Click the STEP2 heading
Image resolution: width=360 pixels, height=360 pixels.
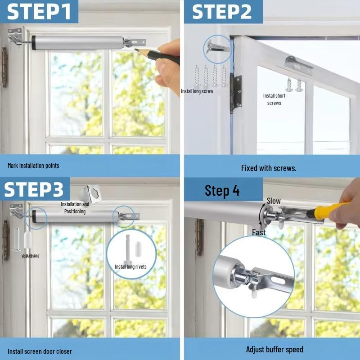pyautogui.click(x=222, y=12)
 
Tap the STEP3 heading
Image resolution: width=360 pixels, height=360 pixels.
pyautogui.click(x=34, y=189)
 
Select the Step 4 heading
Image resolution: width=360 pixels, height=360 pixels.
pyautogui.click(x=222, y=190)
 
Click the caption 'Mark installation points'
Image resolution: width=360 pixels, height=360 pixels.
pyautogui.click(x=33, y=166)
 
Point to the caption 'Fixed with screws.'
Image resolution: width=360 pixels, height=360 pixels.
pyautogui.click(x=269, y=168)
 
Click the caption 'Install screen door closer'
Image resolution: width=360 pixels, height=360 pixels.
pyautogui.click(x=40, y=351)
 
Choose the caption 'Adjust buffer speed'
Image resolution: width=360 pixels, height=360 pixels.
pyautogui.click(x=274, y=349)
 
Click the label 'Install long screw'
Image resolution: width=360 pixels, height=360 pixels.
pyautogui.click(x=197, y=91)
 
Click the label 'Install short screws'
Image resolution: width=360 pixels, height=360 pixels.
pyautogui.click(x=274, y=99)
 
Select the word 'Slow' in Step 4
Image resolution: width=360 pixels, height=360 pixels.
pyautogui.click(x=274, y=201)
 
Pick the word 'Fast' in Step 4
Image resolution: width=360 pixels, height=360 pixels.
pyautogui.click(x=259, y=233)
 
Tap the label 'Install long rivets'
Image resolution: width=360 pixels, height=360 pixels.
pyautogui.click(x=130, y=267)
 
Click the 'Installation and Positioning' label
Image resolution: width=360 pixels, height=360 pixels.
pyautogui.click(x=75, y=207)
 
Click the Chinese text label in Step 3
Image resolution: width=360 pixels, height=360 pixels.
pyautogui.click(x=31, y=256)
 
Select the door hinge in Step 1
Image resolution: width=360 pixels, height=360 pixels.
pyautogui.click(x=4, y=67)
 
